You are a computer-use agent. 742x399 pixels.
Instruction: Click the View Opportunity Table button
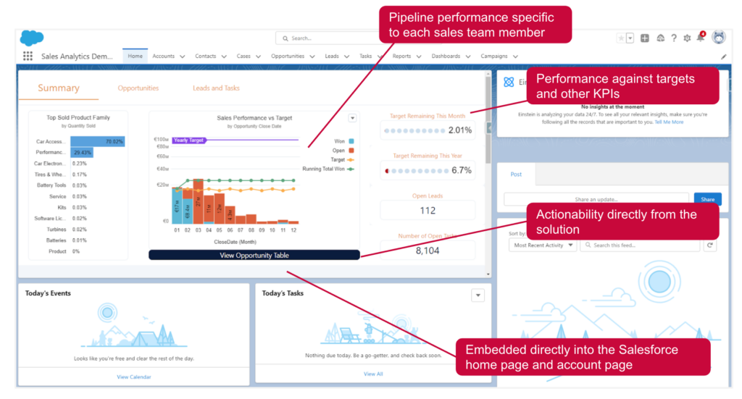click(254, 255)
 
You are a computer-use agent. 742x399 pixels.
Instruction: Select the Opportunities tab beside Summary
click(138, 88)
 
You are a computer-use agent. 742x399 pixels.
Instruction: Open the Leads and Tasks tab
click(216, 88)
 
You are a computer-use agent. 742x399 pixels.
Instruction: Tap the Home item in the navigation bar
click(135, 56)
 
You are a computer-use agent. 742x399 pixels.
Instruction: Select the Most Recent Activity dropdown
click(543, 245)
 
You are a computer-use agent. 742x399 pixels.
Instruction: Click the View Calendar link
click(134, 377)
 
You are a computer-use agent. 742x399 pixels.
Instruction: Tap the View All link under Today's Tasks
click(373, 374)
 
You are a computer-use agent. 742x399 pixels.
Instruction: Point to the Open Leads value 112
click(428, 211)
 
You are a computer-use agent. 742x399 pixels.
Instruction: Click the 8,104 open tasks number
click(428, 251)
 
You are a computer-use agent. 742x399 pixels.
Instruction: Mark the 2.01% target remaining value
click(459, 130)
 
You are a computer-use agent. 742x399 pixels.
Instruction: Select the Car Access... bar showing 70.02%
click(97, 141)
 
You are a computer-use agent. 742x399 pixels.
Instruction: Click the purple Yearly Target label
click(188, 140)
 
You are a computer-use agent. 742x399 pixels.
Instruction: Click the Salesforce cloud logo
click(32, 38)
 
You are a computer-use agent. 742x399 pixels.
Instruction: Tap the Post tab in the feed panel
click(516, 175)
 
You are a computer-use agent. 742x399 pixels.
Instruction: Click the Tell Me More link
click(669, 122)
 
